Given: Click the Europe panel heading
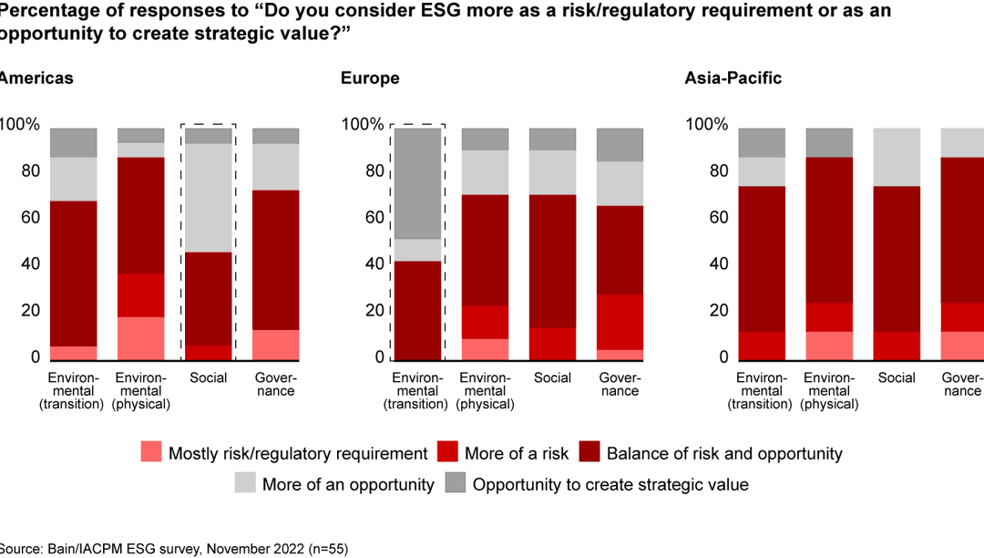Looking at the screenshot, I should click(x=370, y=78).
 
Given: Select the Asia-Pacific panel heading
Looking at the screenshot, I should click(x=733, y=78).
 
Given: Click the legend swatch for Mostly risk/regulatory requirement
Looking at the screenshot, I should click(x=152, y=453).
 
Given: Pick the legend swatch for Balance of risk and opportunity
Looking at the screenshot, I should click(x=590, y=453).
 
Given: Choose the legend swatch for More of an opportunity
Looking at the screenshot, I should click(x=246, y=484).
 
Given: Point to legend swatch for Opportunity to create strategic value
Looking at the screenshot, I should click(x=456, y=484).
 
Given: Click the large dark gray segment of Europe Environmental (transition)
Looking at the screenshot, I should click(x=417, y=183).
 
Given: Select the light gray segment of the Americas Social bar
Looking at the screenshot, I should click(x=209, y=198).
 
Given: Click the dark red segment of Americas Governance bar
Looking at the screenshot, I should click(x=276, y=260).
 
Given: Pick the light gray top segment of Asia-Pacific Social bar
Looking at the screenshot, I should click(x=897, y=157).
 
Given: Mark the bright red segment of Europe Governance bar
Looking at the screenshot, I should click(x=620, y=322).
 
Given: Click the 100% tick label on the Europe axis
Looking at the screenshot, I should click(x=362, y=125).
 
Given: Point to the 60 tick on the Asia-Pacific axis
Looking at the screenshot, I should click(x=713, y=218).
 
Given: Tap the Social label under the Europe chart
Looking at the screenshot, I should click(x=552, y=378).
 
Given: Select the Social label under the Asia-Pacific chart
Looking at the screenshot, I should click(x=897, y=378).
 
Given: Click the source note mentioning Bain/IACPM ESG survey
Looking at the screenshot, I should click(x=174, y=549).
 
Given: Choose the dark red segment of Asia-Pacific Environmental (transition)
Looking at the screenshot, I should click(x=761, y=259).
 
